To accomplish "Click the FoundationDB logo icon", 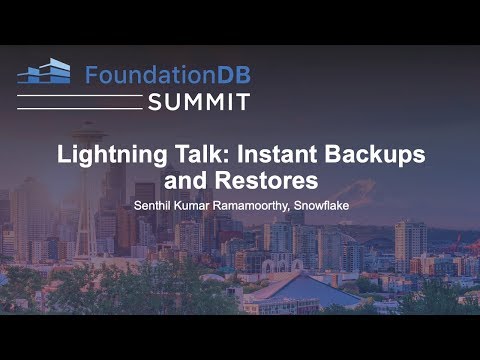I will tap(44, 71).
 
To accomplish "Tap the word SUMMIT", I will tap(199, 101).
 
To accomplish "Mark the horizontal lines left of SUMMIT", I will tap(80, 102).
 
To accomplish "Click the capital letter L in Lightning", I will tap(62, 157).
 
